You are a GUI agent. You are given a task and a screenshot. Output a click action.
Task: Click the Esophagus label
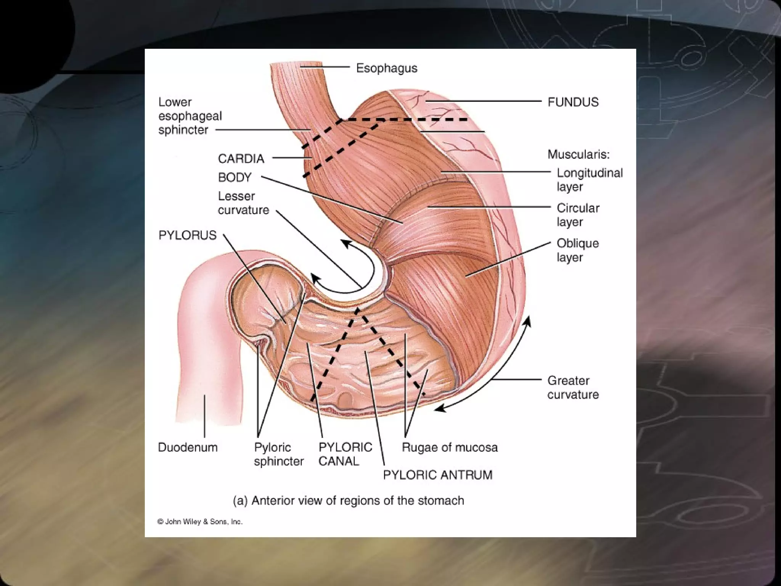pyautogui.click(x=386, y=68)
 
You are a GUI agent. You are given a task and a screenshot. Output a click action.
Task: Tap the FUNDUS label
pyautogui.click(x=573, y=102)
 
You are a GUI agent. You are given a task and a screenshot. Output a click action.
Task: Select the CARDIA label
pyautogui.click(x=241, y=159)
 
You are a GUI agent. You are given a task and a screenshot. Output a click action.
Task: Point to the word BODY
pyautogui.click(x=235, y=177)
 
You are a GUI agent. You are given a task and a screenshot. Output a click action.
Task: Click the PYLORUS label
pyautogui.click(x=187, y=235)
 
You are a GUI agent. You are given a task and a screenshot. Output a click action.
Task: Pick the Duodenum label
pyautogui.click(x=188, y=447)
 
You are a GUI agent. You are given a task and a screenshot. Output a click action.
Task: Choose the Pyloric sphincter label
pyautogui.click(x=278, y=454)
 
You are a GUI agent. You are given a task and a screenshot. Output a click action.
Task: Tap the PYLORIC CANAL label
pyautogui.click(x=345, y=454)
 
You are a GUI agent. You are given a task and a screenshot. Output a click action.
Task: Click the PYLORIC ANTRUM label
pyautogui.click(x=437, y=475)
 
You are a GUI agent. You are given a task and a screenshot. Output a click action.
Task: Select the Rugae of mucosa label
pyautogui.click(x=450, y=447)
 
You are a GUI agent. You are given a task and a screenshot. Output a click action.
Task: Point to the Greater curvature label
pyautogui.click(x=573, y=387)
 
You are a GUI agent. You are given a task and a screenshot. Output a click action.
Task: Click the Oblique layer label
pyautogui.click(x=577, y=250)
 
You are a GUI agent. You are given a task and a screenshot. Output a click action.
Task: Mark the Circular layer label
pyautogui.click(x=578, y=215)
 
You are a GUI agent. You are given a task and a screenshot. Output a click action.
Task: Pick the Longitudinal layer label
pyautogui.click(x=589, y=180)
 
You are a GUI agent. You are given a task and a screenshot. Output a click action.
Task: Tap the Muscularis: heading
pyautogui.click(x=578, y=155)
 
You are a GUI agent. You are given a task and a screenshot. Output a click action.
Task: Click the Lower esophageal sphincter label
pyautogui.click(x=190, y=116)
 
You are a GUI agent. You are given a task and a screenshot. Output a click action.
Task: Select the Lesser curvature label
pyautogui.click(x=243, y=203)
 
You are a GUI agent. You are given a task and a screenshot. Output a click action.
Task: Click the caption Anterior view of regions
pyautogui.click(x=348, y=501)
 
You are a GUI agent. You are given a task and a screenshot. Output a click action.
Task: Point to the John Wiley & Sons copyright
pyautogui.click(x=200, y=522)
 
